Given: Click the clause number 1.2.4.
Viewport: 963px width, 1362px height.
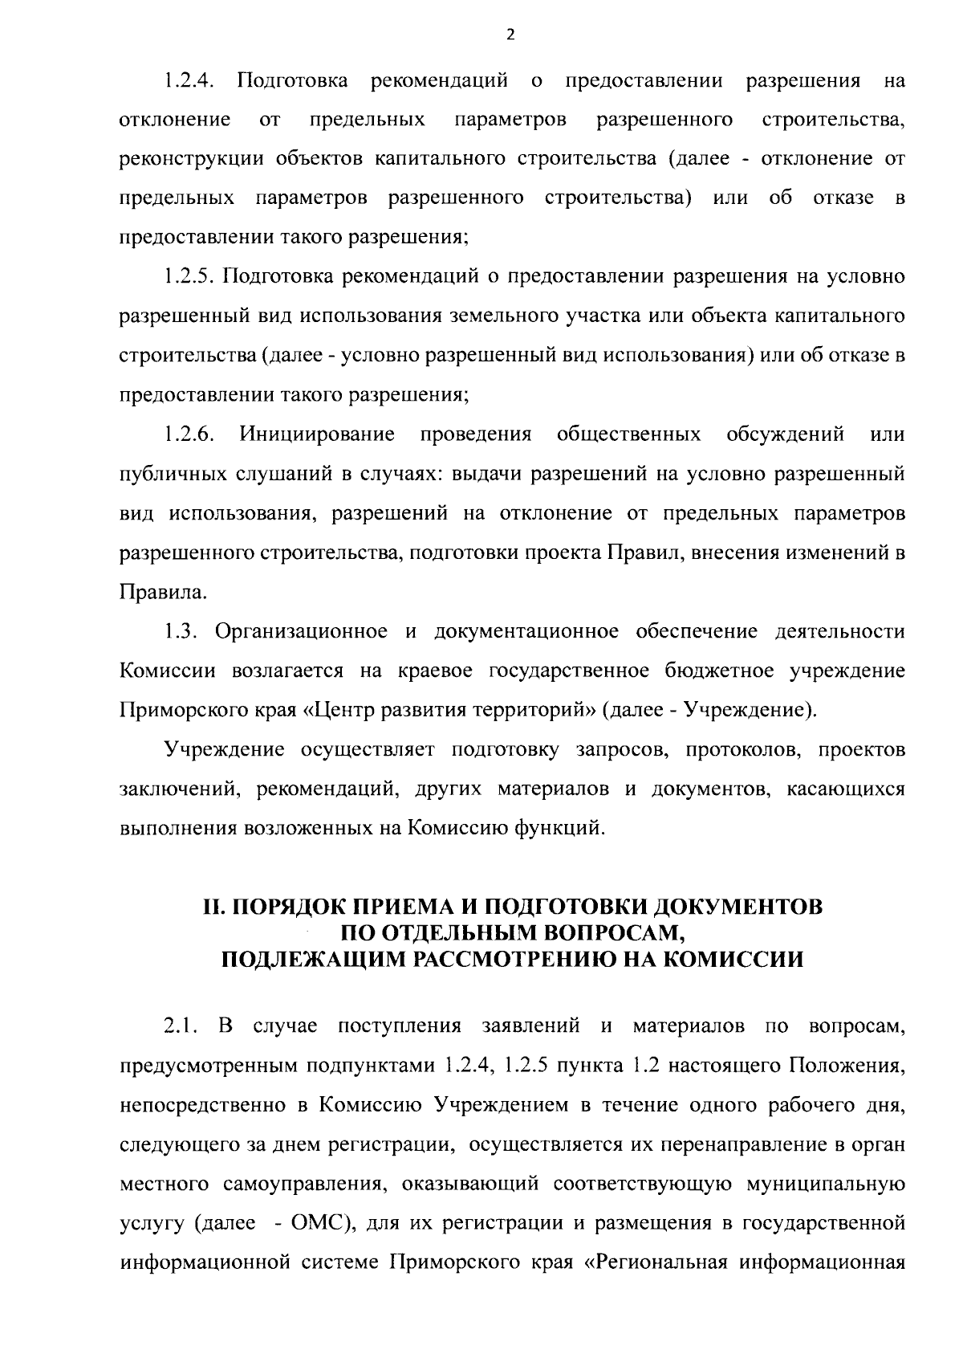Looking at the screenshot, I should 189,81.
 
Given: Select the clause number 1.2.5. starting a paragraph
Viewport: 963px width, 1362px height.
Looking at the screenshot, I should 189,278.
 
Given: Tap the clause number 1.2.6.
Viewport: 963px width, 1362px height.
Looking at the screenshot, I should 189,435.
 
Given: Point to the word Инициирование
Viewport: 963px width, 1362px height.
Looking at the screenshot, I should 317,435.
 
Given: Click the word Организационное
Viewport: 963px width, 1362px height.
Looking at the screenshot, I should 303,632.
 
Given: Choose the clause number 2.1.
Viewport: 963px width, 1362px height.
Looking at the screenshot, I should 181,1027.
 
